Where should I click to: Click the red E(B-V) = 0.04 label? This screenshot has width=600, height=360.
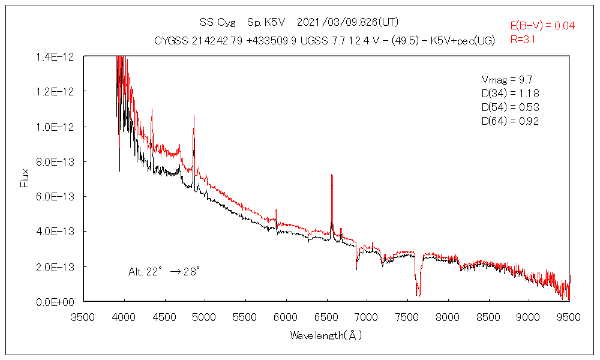(x=542, y=26)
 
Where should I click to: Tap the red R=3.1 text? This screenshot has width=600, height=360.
(x=523, y=40)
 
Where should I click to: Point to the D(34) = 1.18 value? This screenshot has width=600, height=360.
(x=510, y=94)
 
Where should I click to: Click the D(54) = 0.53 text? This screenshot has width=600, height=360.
(x=510, y=107)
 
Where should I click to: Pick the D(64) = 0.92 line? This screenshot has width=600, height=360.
(x=510, y=121)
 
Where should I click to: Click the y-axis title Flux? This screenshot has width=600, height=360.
(x=25, y=178)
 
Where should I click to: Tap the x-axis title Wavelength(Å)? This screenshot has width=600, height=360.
(x=326, y=335)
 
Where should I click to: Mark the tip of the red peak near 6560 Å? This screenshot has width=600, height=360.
(x=332, y=175)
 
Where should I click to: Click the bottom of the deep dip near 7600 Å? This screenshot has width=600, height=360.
(x=418, y=295)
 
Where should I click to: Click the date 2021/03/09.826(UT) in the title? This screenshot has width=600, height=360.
(x=348, y=22)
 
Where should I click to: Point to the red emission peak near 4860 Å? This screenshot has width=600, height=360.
(x=194, y=116)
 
